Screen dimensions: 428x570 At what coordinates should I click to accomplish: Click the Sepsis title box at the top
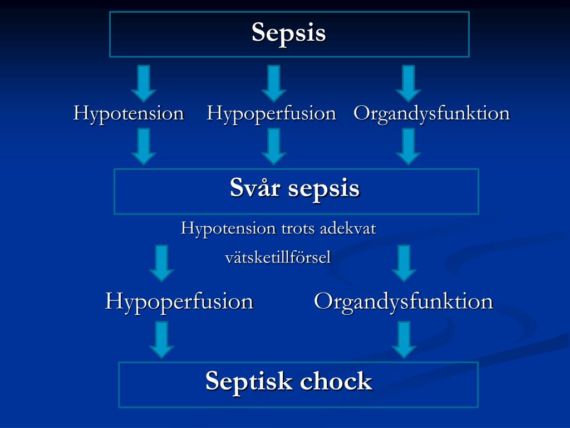(x=289, y=33)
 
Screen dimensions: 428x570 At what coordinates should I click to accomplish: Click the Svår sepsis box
(x=296, y=191)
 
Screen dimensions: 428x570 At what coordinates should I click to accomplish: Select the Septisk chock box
(x=298, y=384)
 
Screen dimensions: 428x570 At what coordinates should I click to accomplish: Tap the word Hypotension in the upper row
(x=129, y=114)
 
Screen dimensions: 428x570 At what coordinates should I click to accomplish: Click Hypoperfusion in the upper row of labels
(x=272, y=114)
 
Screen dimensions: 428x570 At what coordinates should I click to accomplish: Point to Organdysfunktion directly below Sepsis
(x=431, y=114)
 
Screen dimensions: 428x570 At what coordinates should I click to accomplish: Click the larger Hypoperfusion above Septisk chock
(x=179, y=301)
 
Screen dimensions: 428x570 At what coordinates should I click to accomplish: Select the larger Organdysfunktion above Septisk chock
(x=404, y=301)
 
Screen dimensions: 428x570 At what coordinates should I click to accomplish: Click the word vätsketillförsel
(x=278, y=257)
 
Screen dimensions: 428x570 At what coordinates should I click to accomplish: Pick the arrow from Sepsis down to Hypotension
(x=144, y=83)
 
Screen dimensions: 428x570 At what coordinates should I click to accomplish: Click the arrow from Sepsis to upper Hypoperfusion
(x=273, y=83)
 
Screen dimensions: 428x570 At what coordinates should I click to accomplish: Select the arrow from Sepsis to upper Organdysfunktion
(x=408, y=83)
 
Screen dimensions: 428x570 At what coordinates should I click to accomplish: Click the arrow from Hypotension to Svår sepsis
(x=144, y=146)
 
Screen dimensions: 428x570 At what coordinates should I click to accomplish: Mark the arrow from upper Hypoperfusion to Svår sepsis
(x=273, y=146)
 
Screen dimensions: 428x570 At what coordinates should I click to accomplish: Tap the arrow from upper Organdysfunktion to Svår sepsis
(x=408, y=146)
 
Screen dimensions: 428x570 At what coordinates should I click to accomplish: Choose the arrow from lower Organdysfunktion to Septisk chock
(x=404, y=339)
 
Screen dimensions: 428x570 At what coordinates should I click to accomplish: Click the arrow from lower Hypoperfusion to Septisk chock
(x=161, y=339)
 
